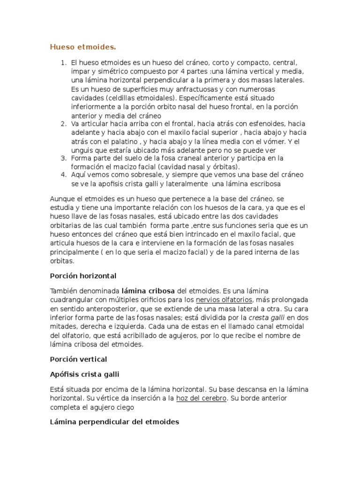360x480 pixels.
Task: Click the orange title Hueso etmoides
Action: click(x=82, y=47)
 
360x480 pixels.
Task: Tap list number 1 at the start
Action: click(x=64, y=62)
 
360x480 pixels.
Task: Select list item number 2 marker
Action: click(x=64, y=124)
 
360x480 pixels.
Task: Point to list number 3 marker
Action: click(x=64, y=158)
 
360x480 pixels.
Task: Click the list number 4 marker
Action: click(x=64, y=175)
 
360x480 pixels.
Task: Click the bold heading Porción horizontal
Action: click(x=83, y=276)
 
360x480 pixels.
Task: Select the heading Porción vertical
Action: click(x=78, y=359)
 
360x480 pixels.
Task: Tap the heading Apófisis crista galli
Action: click(x=86, y=374)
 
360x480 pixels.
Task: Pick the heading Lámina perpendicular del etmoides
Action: click(x=114, y=422)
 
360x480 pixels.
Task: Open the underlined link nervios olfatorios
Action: click(x=225, y=300)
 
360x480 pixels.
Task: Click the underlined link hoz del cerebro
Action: click(x=201, y=398)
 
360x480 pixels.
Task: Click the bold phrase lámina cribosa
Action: click(x=148, y=291)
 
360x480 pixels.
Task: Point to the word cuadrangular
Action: click(x=74, y=300)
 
